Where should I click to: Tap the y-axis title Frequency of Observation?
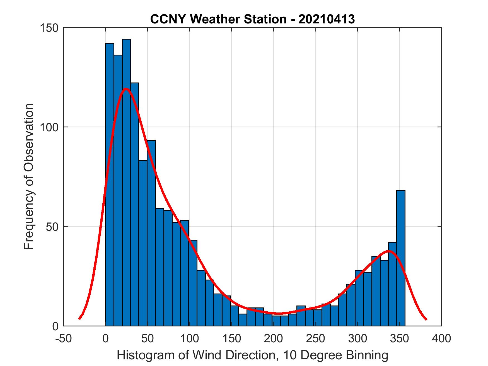point(29,176)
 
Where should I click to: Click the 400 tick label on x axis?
point(441,338)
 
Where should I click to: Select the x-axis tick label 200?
point(273,338)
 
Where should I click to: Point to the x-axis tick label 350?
point(400,338)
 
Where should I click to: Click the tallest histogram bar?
point(126,181)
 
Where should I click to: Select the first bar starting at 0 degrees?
point(110,184)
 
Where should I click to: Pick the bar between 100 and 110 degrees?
point(193,282)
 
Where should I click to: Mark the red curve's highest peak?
point(126,89)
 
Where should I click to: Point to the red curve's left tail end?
point(79,319)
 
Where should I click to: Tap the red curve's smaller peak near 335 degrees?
point(389,251)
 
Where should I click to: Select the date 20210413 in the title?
point(327,19)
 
